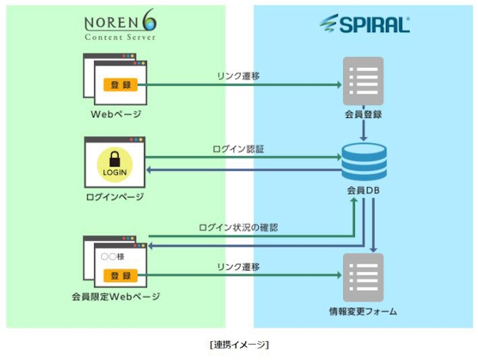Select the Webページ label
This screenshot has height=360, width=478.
click(116, 114)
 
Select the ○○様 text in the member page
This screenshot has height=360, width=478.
click(112, 257)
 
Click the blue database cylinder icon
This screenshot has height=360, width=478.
click(363, 161)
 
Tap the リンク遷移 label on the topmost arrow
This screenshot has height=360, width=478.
click(238, 76)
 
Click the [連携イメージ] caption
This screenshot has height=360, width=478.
click(239, 344)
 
